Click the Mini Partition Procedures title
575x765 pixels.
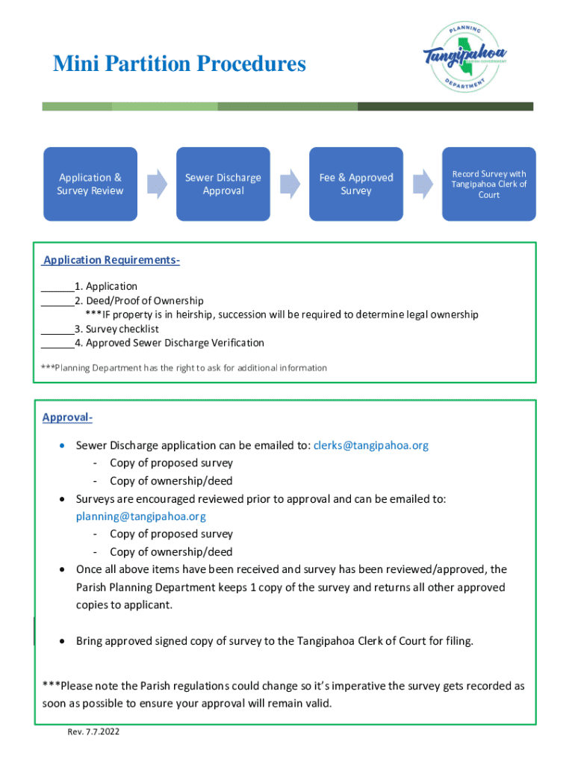[179, 64]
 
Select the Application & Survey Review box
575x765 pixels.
[90, 184]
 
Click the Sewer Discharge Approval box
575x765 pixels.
[223, 184]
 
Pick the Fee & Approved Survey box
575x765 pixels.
[356, 184]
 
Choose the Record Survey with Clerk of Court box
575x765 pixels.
[489, 184]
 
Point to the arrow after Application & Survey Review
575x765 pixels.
[157, 184]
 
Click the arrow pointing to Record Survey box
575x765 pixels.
[423, 184]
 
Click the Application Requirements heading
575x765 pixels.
[111, 260]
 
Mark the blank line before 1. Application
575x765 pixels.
[57, 287]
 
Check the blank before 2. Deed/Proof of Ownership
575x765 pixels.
[57, 301]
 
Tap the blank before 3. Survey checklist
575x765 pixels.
[57, 329]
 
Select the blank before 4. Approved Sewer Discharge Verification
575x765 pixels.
[57, 344]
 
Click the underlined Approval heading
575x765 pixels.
[67, 417]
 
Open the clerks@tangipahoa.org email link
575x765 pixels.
[371, 445]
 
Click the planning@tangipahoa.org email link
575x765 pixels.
[141, 516]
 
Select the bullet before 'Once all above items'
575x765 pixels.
[63, 570]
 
